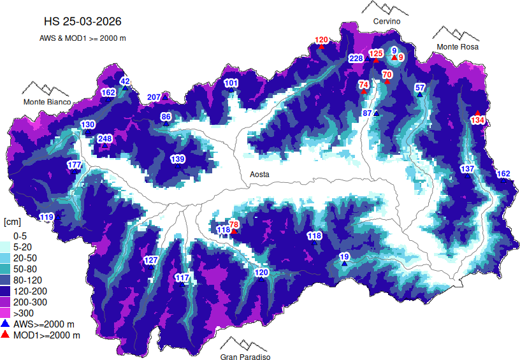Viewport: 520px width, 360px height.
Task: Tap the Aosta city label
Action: (x=259, y=174)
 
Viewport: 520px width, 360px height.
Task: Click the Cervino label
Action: (x=387, y=22)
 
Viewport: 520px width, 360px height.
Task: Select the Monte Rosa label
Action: (x=457, y=47)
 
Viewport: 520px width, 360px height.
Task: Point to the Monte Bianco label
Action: (x=48, y=102)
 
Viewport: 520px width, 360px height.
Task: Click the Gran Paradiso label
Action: (x=245, y=357)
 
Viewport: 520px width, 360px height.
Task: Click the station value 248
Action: (x=105, y=139)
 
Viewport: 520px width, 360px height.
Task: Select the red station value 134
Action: (x=478, y=120)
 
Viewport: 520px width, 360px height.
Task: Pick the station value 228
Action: (x=356, y=59)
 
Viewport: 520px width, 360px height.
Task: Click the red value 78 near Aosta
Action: (x=234, y=224)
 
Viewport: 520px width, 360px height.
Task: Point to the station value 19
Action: (x=344, y=257)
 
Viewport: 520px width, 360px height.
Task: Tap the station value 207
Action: (x=154, y=97)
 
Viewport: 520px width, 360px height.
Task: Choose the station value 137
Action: (x=467, y=169)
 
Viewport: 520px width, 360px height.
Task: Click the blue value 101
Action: (x=231, y=83)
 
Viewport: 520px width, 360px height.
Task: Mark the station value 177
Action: (x=74, y=166)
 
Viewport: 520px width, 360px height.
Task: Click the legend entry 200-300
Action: (x=29, y=301)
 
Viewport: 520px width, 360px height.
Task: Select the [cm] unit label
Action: (x=12, y=222)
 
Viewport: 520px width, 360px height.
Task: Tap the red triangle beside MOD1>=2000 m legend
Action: (x=5, y=335)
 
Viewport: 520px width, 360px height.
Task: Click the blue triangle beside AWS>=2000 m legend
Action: (x=5, y=324)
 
